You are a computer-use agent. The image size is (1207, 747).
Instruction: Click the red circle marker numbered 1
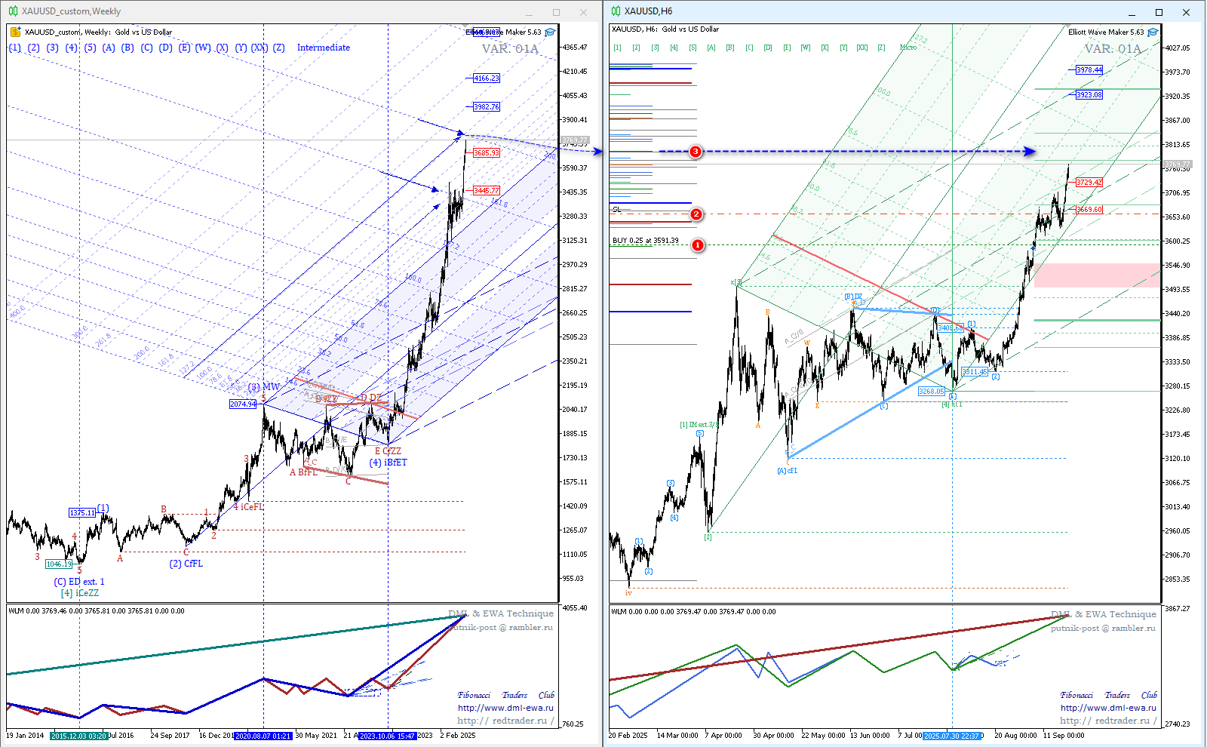click(x=698, y=245)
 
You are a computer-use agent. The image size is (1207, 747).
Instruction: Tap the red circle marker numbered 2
click(x=696, y=214)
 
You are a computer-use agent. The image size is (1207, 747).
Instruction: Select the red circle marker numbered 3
click(x=696, y=152)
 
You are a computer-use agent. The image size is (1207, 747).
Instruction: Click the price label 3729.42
click(x=1089, y=183)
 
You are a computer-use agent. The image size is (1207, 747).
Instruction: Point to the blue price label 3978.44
click(x=1089, y=70)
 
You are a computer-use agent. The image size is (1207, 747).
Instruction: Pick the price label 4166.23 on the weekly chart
click(x=486, y=78)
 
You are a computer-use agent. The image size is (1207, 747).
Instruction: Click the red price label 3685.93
click(x=486, y=153)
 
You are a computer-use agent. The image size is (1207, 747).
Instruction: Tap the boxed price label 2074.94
click(x=243, y=404)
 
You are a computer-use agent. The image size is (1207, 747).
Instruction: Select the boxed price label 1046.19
click(x=59, y=564)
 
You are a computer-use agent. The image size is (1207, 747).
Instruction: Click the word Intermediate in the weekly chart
click(x=323, y=48)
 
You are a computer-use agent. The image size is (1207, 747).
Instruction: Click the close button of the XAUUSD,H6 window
click(x=1186, y=12)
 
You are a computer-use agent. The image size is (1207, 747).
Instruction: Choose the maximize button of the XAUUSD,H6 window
click(x=1159, y=12)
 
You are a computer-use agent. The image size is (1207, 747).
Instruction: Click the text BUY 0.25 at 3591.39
click(x=646, y=241)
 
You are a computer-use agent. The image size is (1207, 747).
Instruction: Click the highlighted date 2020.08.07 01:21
click(x=262, y=736)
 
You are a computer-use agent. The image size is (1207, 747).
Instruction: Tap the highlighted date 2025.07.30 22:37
click(x=951, y=736)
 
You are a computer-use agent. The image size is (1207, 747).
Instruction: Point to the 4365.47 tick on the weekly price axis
click(x=574, y=48)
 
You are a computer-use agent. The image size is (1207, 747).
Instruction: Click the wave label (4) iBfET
click(x=388, y=463)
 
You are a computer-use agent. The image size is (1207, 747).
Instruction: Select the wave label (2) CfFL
click(x=186, y=564)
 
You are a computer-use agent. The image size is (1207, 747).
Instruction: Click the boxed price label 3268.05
click(x=931, y=392)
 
